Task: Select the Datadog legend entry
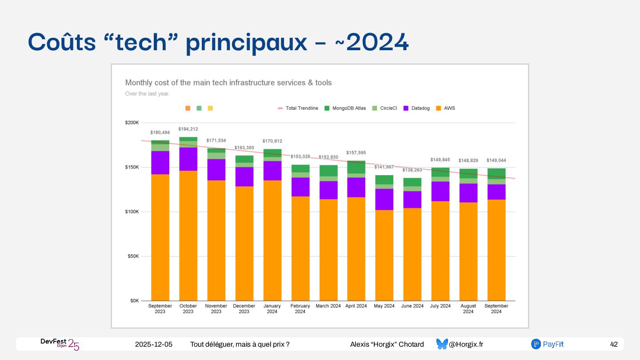[416, 108]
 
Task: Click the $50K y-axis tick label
[133, 256]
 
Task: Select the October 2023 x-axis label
[188, 308]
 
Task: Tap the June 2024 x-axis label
[412, 306]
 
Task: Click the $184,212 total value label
[188, 129]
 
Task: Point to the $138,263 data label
[412, 170]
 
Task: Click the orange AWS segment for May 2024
[384, 256]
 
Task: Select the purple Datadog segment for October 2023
[188, 159]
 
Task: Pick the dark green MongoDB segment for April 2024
[356, 167]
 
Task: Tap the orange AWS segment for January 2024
[272, 240]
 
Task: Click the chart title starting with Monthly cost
[228, 83]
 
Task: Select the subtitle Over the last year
[148, 94]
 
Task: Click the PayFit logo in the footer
[547, 344]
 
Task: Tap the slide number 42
[614, 344]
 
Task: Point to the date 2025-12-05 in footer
[154, 344]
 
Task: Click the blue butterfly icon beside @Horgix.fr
[442, 344]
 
